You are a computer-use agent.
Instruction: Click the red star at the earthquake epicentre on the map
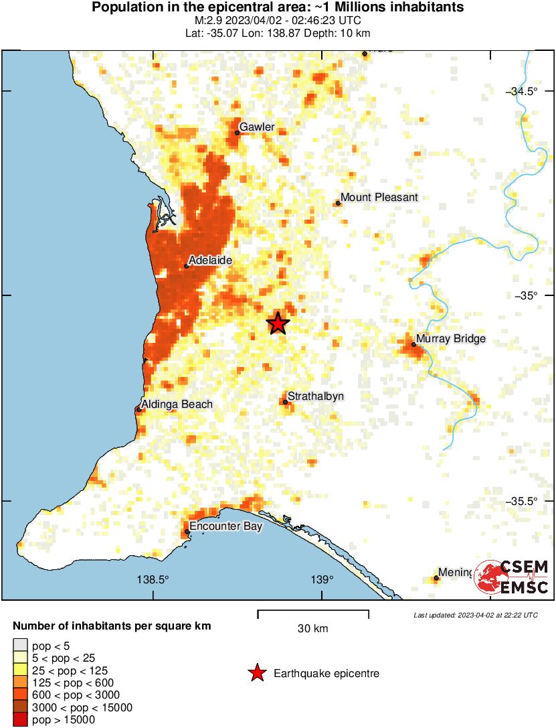coord(278,323)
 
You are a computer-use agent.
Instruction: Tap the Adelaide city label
coord(211,260)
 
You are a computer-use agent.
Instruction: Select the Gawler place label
coord(257,127)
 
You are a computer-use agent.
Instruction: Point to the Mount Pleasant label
coord(379,197)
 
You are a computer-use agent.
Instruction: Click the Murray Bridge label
coord(450,339)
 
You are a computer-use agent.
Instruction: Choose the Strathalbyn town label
coord(316,396)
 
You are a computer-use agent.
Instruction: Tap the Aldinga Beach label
coord(177,404)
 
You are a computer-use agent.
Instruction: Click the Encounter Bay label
coord(225,526)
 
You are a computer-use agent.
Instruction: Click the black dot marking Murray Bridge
coord(413,345)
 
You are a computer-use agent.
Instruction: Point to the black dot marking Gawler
coord(238,133)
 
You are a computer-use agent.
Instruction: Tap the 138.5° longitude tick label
coord(153,579)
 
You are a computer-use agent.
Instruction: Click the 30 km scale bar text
coord(312,629)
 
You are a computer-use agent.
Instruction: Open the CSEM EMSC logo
coord(512,577)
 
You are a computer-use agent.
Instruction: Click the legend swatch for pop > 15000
coord(19,720)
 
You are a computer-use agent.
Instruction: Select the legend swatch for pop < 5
coord(19,646)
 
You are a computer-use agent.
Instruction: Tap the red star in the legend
coord(257,673)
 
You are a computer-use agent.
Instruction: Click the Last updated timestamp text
coord(475,615)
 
